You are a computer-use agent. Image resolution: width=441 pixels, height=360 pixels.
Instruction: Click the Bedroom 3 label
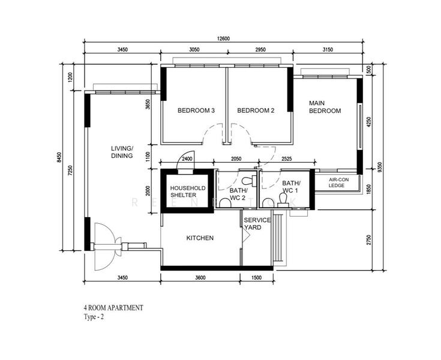click(196, 110)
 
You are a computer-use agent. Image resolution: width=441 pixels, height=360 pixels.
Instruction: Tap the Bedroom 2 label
click(256, 110)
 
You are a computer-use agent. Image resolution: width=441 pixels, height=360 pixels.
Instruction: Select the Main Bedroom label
click(325, 107)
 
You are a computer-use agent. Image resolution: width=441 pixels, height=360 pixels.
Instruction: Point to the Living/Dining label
click(122, 152)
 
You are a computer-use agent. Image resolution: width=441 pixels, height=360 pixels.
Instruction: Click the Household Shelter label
click(188, 191)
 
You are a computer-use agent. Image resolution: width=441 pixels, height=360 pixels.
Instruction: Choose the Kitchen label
click(200, 238)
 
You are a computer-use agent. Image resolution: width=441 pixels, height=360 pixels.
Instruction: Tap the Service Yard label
click(257, 224)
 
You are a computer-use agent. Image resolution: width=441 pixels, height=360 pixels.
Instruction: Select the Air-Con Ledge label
click(338, 182)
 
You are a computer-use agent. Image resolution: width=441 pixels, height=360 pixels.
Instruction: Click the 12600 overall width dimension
click(223, 39)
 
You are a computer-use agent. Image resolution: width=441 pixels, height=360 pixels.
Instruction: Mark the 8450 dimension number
click(59, 157)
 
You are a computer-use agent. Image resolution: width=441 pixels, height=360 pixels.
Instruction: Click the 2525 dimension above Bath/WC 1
click(286, 159)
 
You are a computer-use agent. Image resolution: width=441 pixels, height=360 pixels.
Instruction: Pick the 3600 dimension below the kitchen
click(200, 278)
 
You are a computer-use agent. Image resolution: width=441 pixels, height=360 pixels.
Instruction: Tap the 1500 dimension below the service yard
click(256, 278)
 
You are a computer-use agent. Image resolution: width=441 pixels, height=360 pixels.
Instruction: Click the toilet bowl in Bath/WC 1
click(283, 200)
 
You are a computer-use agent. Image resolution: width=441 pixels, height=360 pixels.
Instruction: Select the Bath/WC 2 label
click(238, 194)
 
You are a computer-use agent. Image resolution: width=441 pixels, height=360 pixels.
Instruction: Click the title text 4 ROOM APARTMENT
click(113, 308)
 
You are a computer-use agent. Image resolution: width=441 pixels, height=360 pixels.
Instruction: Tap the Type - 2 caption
click(94, 317)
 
